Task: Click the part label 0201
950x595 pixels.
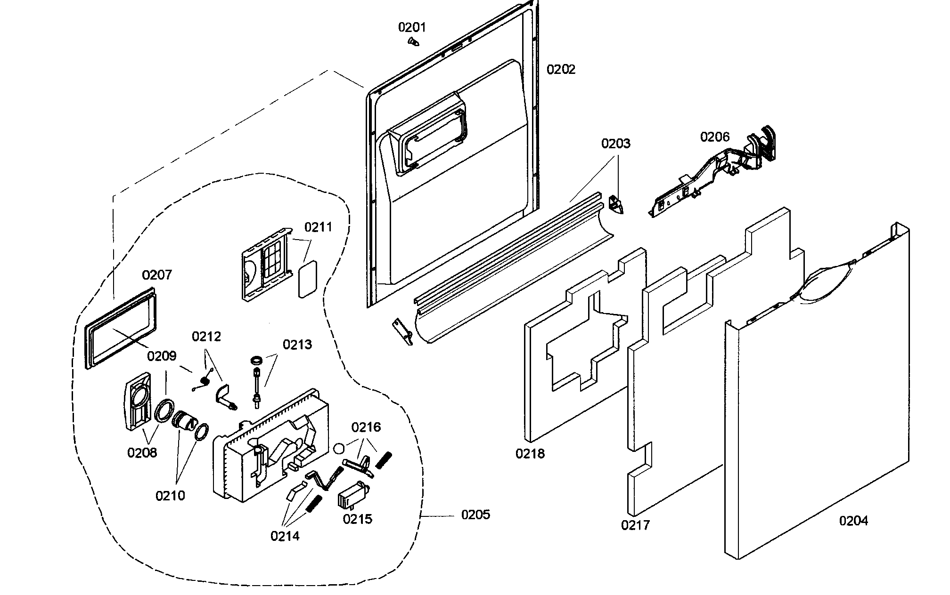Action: pos(412,27)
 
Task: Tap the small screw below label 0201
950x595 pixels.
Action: pos(413,42)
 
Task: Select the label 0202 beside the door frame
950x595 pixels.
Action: pos(561,70)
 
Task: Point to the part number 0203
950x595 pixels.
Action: pos(615,143)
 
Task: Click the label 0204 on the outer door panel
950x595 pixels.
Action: pos(853,521)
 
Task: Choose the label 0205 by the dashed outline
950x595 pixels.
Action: pos(475,515)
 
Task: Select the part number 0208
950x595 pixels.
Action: pos(142,452)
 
